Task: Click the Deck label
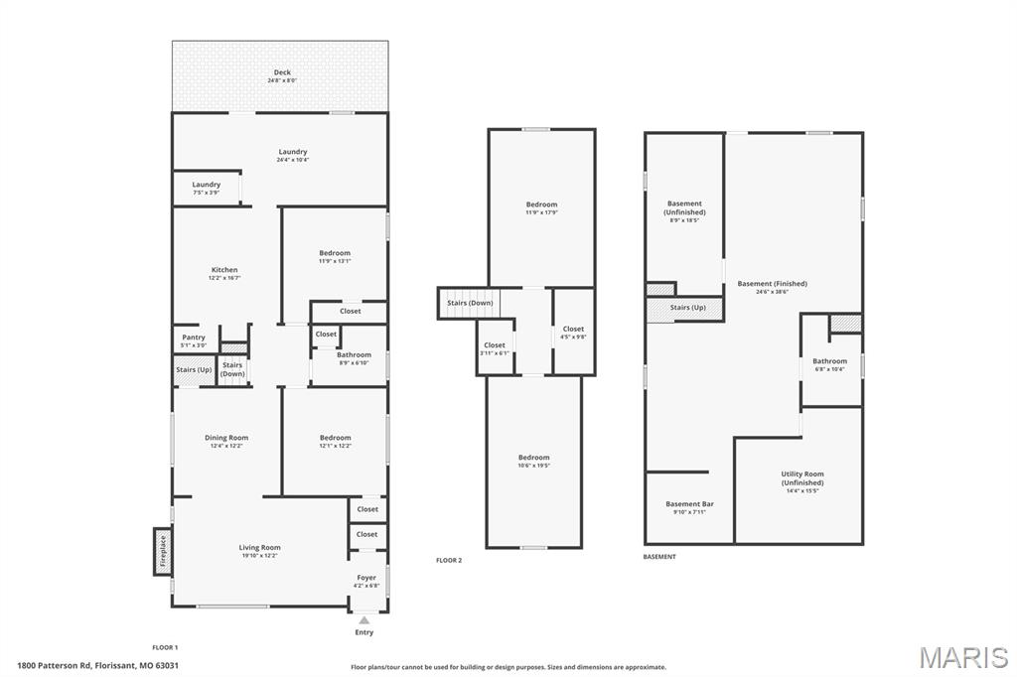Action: click(282, 72)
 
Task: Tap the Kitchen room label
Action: click(224, 270)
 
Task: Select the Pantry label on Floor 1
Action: click(194, 338)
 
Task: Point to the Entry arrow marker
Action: click(364, 620)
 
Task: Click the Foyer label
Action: click(367, 578)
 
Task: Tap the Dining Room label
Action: click(226, 438)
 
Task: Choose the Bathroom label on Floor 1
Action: click(354, 354)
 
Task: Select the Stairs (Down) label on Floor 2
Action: click(469, 303)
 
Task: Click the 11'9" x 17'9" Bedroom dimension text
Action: click(541, 212)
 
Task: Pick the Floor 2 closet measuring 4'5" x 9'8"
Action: click(573, 333)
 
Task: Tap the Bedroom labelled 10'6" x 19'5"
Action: click(533, 462)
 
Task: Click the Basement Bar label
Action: click(689, 504)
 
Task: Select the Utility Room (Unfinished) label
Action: click(802, 478)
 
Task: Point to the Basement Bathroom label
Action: click(830, 361)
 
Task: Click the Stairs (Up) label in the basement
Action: click(687, 308)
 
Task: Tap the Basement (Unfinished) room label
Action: click(684, 207)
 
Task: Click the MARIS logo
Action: click(962, 657)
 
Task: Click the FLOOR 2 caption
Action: click(449, 560)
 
